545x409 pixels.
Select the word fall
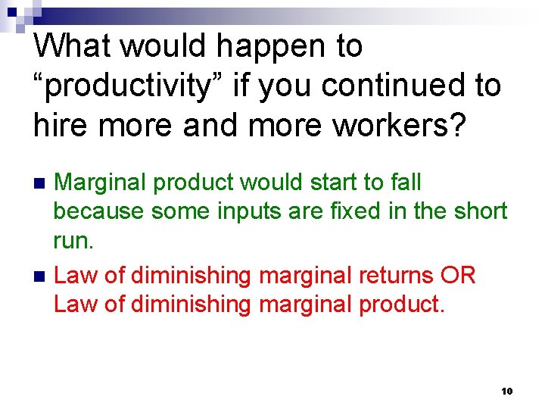[406, 183]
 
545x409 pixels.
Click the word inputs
[244, 211]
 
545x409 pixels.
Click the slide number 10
[506, 391]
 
